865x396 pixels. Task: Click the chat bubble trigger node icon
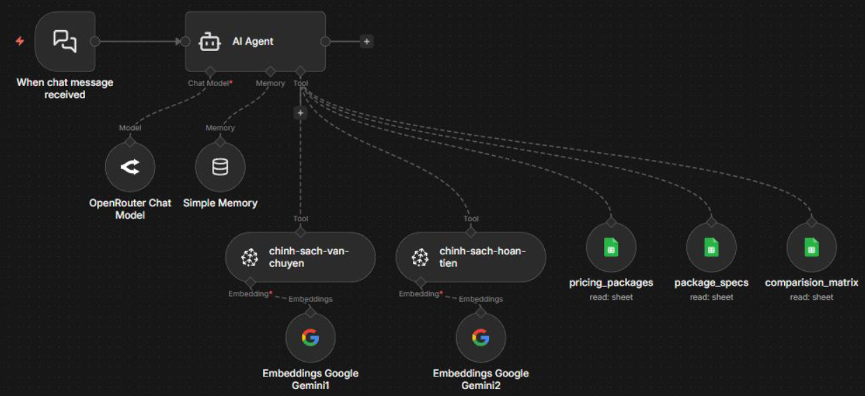[x=65, y=41]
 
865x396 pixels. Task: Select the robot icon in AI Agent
[x=209, y=42]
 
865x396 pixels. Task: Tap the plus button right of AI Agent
[x=366, y=41]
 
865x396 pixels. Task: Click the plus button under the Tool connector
[x=300, y=112]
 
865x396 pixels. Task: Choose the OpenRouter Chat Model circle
[x=130, y=168]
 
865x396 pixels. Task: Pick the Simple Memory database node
[x=220, y=168]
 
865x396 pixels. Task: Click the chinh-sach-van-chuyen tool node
[x=300, y=257]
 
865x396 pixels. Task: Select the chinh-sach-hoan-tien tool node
[x=470, y=257]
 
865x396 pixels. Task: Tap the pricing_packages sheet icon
[x=611, y=247]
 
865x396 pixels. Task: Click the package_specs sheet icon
[x=711, y=247]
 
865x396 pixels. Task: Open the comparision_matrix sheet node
[x=811, y=247]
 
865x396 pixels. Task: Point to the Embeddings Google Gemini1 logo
[x=310, y=338]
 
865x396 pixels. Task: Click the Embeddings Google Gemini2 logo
[x=481, y=338]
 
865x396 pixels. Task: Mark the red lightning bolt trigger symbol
[x=20, y=41]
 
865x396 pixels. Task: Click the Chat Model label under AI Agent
[x=209, y=83]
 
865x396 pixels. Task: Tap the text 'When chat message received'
[x=65, y=88]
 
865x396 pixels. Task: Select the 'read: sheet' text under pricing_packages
[x=611, y=297]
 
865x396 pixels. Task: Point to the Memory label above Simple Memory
[x=220, y=128]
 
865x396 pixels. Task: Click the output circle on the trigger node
[x=95, y=41]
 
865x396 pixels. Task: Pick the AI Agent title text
[x=253, y=42]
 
